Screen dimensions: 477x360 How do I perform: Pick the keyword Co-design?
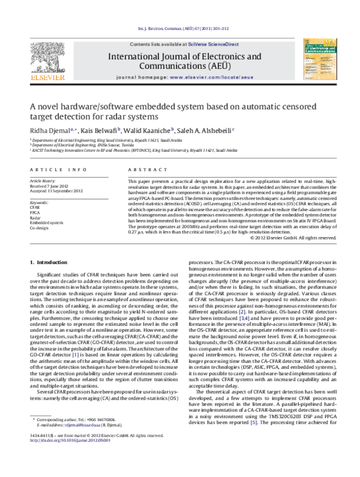click(40, 228)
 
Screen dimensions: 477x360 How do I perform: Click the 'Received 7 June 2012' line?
click(52, 186)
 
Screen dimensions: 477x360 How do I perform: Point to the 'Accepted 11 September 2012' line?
click(56, 191)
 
